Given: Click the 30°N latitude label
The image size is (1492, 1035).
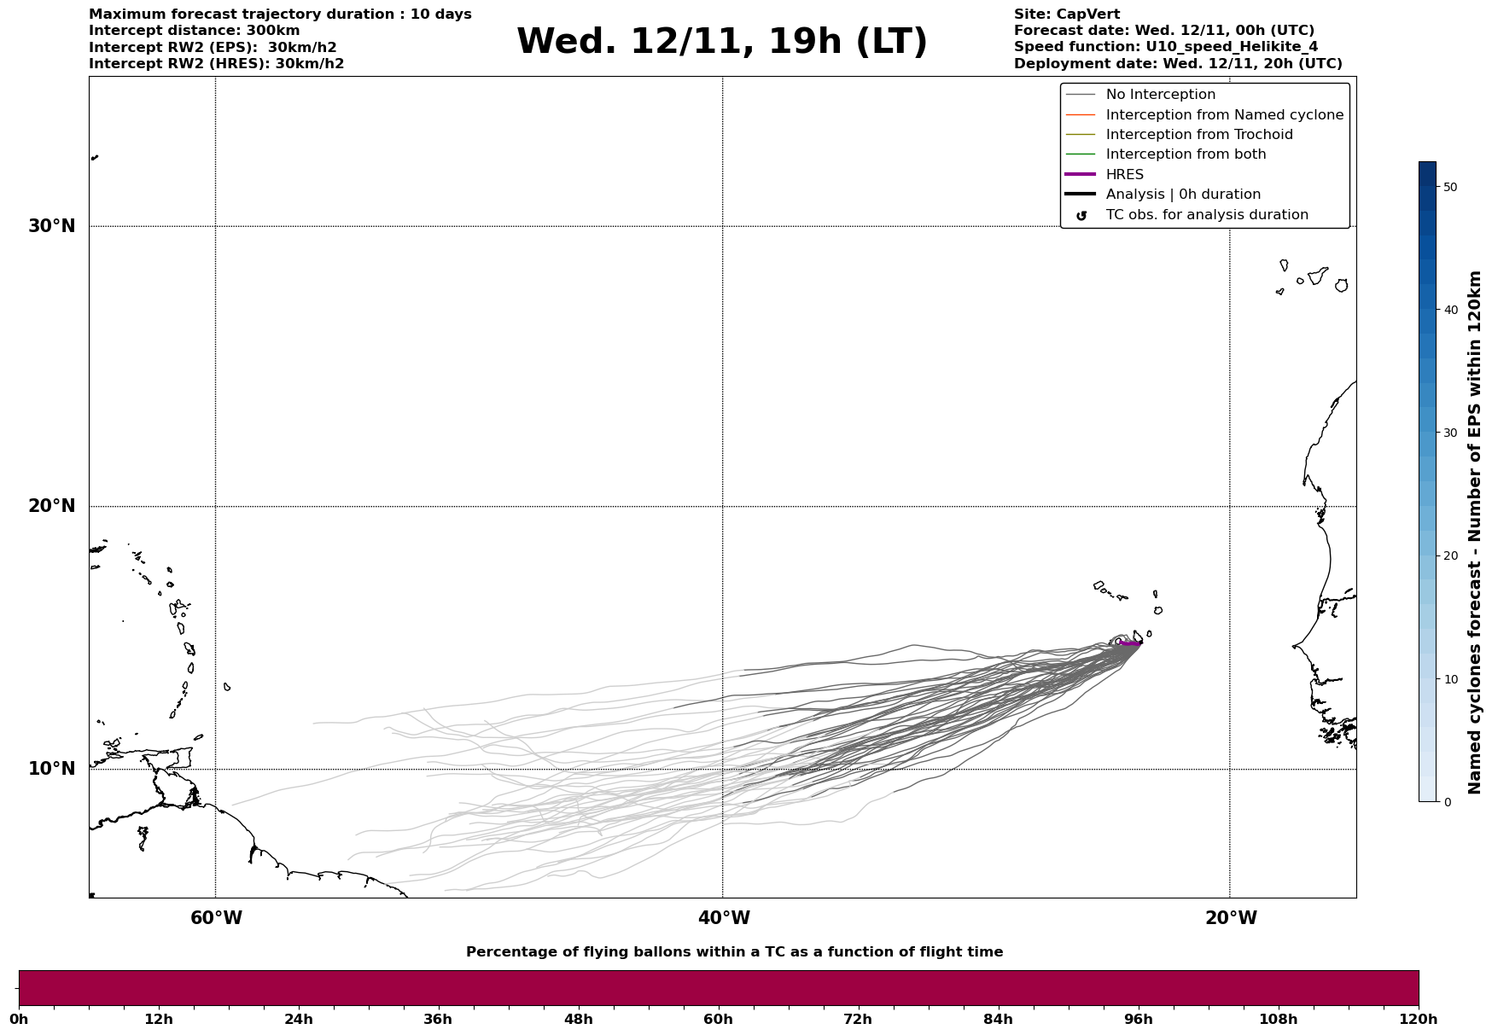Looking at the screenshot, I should coord(51,226).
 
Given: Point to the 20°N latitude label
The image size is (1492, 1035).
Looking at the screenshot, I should coord(51,506).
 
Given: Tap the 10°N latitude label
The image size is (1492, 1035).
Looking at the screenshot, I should coord(51,769).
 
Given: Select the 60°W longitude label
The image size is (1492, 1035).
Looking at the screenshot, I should coord(216,918).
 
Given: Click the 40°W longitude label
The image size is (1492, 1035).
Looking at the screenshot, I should coord(724,918).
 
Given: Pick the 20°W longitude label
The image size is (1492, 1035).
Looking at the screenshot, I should coord(1231,918).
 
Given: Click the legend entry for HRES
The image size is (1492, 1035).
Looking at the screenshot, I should coord(1124,175).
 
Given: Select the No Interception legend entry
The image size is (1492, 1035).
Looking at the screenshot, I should coord(1160,95).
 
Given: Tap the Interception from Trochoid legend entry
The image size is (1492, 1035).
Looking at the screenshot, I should coord(1198,135).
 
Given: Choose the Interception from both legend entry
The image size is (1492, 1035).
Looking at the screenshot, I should coord(1186,154).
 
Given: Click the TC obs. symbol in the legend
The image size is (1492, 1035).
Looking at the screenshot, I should coord(1081,216).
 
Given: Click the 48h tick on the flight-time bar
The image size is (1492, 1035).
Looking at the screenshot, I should coord(578,1019).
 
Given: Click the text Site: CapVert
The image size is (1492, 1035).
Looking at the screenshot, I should coord(1066,15).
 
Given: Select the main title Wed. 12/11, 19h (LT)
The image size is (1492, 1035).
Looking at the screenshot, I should coord(721,42).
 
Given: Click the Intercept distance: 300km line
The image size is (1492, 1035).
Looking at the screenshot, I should coord(194,31).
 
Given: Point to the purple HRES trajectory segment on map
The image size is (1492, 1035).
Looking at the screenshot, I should coord(1130,643).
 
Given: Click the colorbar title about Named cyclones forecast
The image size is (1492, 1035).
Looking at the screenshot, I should coord(1474,532).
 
